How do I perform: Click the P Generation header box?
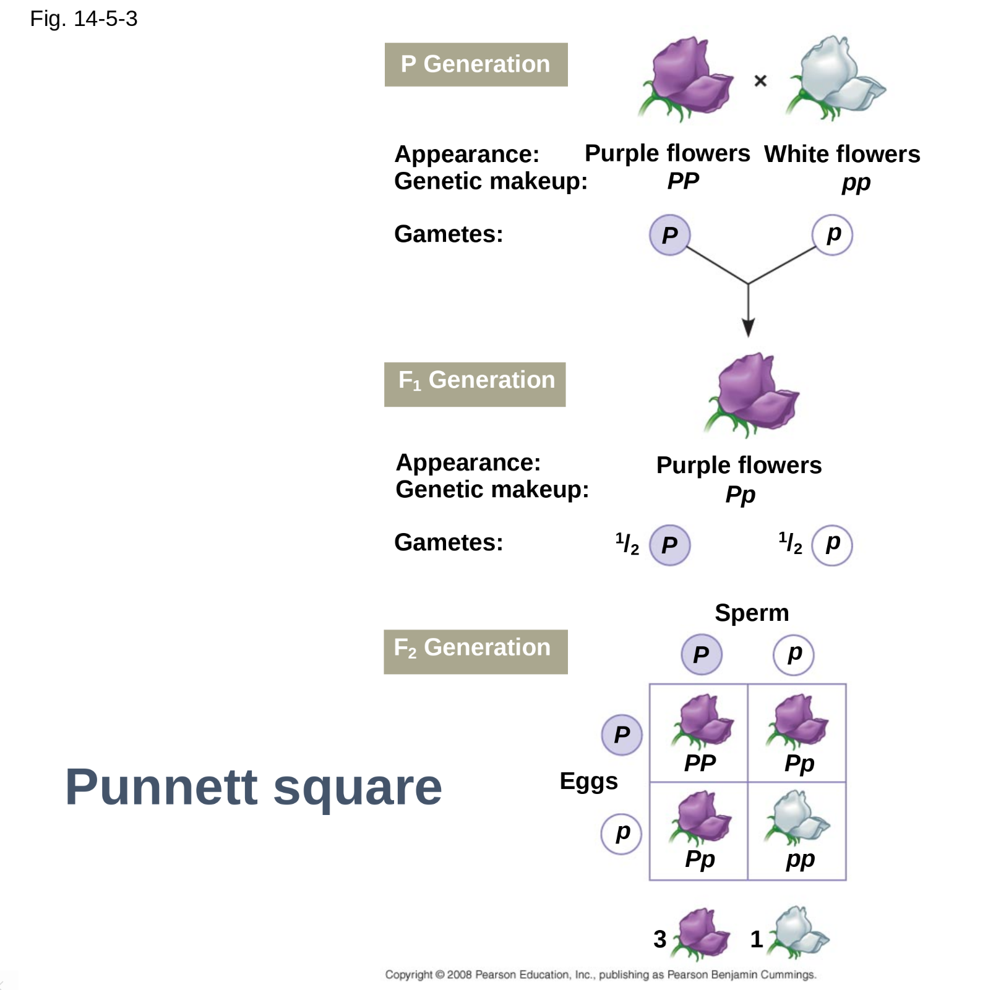[x=475, y=64]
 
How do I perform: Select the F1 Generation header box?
[x=475, y=383]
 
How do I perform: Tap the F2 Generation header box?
[x=475, y=651]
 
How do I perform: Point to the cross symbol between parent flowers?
[x=760, y=81]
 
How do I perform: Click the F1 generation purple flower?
[x=753, y=393]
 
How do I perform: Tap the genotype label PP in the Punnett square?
[x=700, y=763]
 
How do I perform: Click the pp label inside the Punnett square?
[x=800, y=859]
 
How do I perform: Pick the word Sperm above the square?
[x=752, y=613]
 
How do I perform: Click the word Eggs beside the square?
[x=588, y=781]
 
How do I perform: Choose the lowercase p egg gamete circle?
[x=621, y=834]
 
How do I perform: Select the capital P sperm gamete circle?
[x=701, y=654]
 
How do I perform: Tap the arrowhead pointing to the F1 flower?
[x=748, y=328]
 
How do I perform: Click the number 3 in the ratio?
[x=660, y=939]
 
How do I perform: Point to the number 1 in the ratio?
[x=756, y=939]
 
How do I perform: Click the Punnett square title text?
[x=254, y=787]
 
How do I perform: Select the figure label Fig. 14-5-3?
[x=84, y=19]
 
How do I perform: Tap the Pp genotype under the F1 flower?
[x=740, y=495]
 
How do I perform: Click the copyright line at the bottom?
[x=600, y=975]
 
